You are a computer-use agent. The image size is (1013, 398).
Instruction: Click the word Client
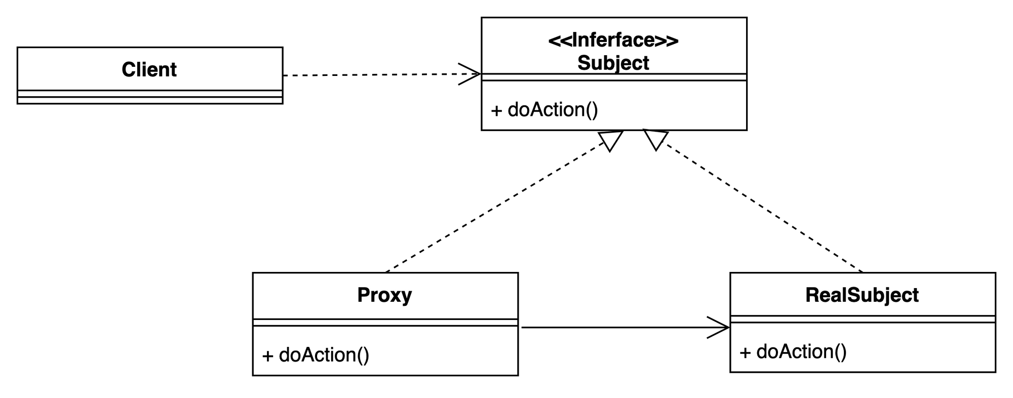(x=149, y=69)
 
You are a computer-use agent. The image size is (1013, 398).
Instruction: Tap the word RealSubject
(x=862, y=295)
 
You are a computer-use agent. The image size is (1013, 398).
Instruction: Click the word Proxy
(x=384, y=295)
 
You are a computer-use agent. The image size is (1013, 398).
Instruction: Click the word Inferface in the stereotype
(x=613, y=40)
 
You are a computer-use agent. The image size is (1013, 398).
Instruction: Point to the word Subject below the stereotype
(x=613, y=63)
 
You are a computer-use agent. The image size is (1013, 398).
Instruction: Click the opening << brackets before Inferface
(x=559, y=41)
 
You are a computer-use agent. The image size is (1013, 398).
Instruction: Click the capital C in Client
(x=128, y=69)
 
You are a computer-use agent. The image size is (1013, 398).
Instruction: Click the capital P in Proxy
(x=363, y=295)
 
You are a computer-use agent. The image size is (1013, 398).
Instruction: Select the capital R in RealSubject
(x=811, y=295)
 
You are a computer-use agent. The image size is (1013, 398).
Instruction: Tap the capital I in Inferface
(x=574, y=40)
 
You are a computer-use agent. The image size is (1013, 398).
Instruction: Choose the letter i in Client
(x=143, y=69)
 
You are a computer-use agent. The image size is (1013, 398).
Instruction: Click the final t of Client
(x=173, y=70)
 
